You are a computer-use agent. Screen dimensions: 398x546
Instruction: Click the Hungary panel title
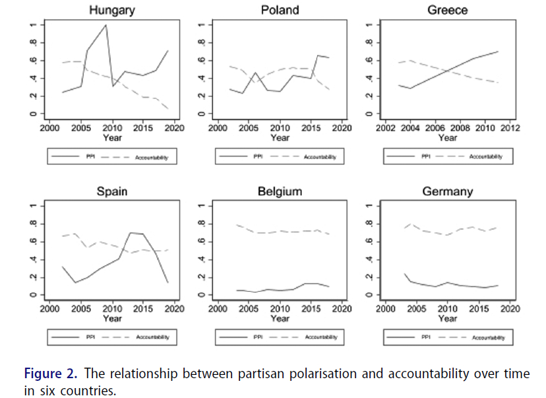click(112, 10)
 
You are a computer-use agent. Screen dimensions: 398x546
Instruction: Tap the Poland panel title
click(280, 10)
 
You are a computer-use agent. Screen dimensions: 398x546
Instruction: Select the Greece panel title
click(447, 10)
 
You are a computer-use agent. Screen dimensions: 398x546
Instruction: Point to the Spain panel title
click(112, 191)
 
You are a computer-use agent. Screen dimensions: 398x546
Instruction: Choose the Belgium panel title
click(280, 191)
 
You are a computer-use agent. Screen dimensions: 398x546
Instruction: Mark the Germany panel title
click(447, 191)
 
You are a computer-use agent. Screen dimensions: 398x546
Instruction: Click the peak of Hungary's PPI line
click(106, 25)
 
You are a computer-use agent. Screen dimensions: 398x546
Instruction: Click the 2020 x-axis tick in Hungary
click(174, 128)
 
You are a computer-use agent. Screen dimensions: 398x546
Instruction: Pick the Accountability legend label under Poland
click(320, 157)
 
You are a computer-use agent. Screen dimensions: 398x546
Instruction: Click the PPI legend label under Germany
click(426, 337)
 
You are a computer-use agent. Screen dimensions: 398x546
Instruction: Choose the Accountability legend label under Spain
click(152, 337)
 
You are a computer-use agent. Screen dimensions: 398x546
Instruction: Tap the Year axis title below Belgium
click(280, 319)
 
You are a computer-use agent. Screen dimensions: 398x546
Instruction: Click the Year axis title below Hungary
click(112, 138)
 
